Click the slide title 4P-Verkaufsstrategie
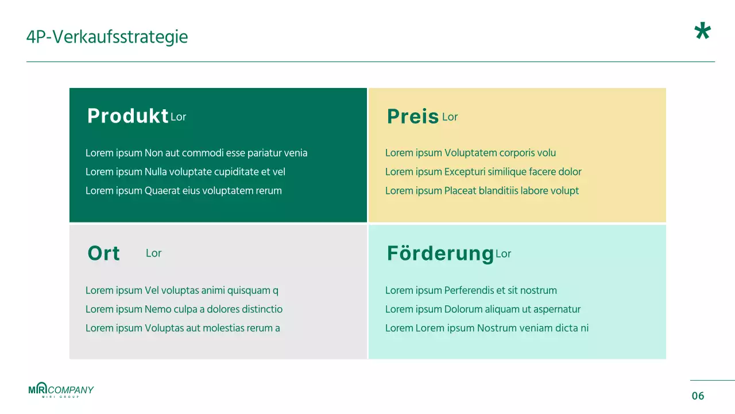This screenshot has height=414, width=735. point(107,37)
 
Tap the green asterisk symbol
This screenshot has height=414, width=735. point(702,32)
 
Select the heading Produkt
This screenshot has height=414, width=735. point(127,116)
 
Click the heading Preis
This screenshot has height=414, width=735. point(412,117)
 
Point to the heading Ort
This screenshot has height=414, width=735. point(103,254)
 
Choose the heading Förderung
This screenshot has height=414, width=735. point(440,254)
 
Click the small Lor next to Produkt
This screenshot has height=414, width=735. point(179,117)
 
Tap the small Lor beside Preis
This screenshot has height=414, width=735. point(450,117)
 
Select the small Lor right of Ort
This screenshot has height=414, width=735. point(153,254)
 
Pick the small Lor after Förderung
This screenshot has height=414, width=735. point(503,254)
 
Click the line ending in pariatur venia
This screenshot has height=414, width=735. point(196,153)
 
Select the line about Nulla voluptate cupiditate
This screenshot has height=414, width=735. point(185,172)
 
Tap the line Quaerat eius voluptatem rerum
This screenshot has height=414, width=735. point(183,191)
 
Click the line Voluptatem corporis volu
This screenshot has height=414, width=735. point(470,153)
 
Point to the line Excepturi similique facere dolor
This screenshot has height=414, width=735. point(483,172)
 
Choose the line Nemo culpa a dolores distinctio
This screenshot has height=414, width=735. point(184,309)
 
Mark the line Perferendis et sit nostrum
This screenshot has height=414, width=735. point(471,290)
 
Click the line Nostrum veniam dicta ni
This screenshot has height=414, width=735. point(487,328)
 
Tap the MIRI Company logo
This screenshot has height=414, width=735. point(61,390)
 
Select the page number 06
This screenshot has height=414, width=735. point(698,396)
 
